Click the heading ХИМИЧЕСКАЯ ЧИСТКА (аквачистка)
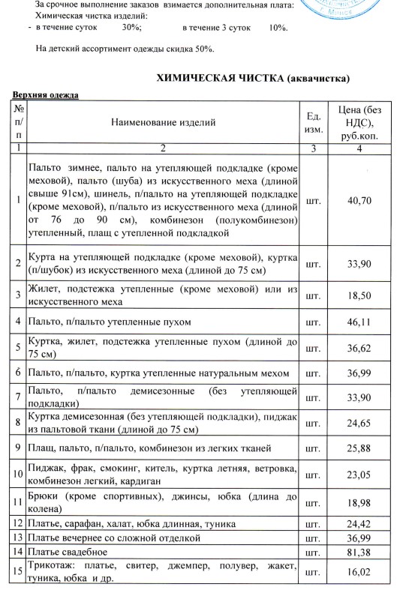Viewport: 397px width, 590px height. click(253, 79)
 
